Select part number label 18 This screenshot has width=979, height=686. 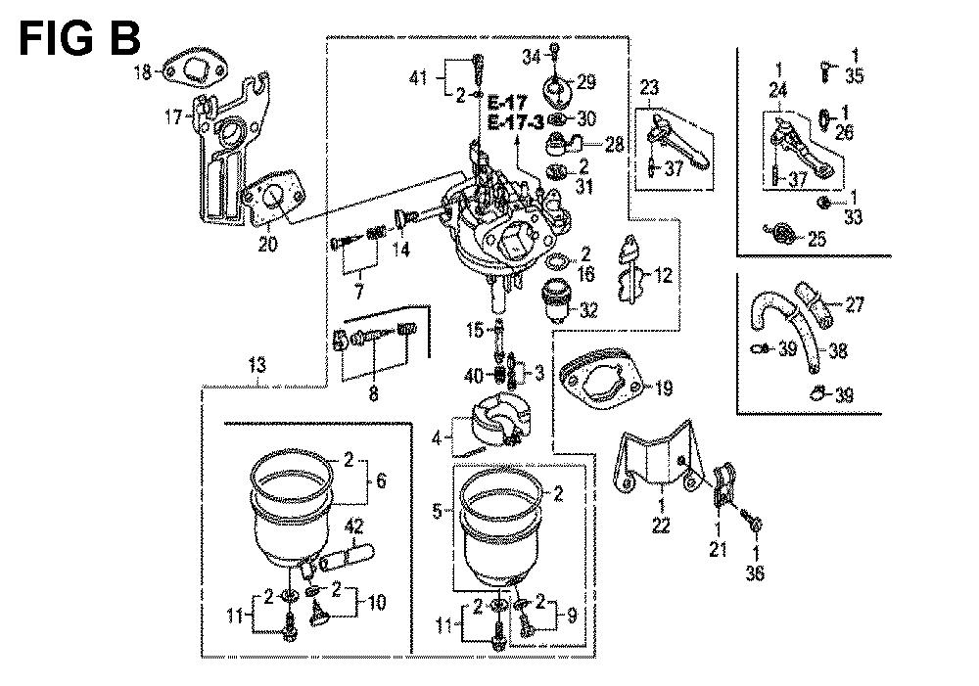142,70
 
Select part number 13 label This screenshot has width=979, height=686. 256,366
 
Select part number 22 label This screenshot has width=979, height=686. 662,526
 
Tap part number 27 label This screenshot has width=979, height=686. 856,305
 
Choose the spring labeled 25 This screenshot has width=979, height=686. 781,234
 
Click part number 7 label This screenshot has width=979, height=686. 359,292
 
